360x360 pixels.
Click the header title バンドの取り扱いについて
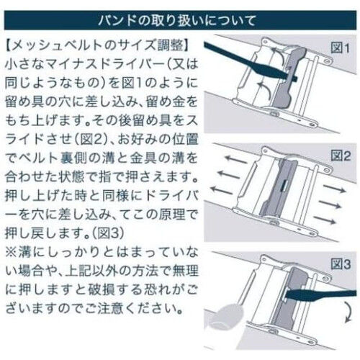[176, 21]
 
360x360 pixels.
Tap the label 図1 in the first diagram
[341, 48]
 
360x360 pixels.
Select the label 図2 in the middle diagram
[341, 156]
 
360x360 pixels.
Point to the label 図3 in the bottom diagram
[341, 264]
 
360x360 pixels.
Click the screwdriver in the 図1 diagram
[250, 63]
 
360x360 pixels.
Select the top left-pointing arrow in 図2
[235, 159]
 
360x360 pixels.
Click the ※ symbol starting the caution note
[11, 253]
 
